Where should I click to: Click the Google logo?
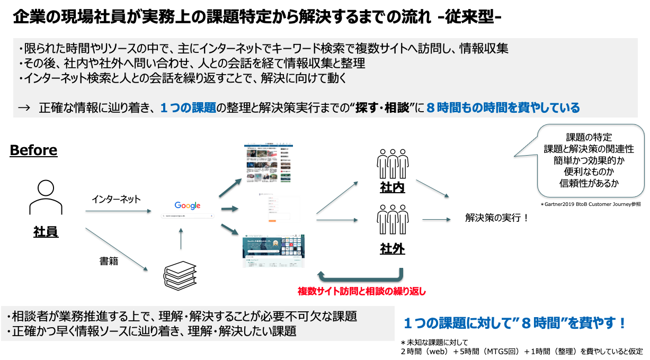[x=187, y=205]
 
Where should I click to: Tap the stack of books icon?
[x=180, y=273]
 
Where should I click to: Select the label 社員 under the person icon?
[x=46, y=231]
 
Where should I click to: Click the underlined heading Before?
[x=33, y=150]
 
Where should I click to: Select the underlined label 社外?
[x=392, y=248]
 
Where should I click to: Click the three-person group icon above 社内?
[x=392, y=164]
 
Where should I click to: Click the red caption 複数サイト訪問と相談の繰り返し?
[x=362, y=291]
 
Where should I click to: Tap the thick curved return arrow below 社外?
[x=360, y=277]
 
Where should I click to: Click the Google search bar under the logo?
[x=187, y=216]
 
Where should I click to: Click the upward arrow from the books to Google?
[x=181, y=239]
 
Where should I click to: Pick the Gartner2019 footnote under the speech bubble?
[x=591, y=203]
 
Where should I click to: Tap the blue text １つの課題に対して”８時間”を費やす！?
[x=515, y=322]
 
